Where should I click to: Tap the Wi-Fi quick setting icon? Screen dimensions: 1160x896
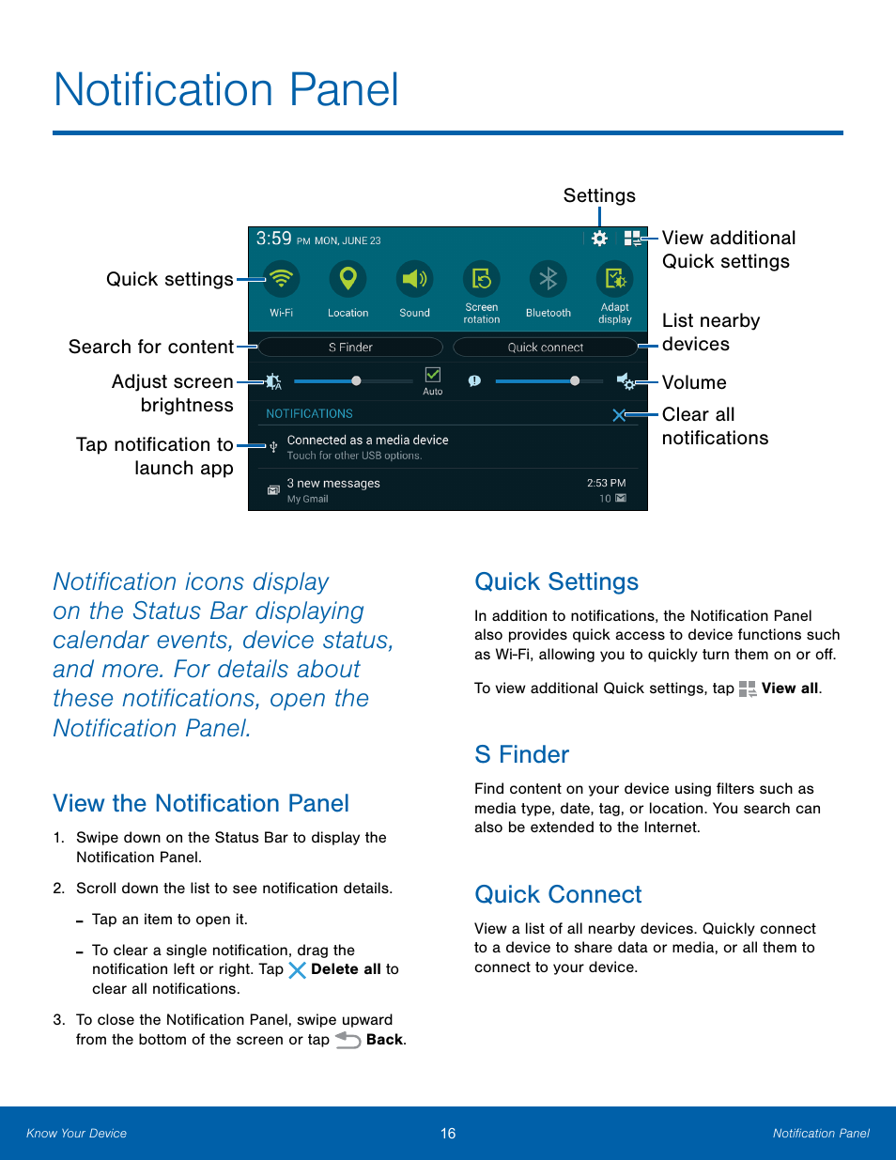click(281, 279)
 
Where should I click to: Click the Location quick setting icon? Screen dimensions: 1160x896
click(348, 279)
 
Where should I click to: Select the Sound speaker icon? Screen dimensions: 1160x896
click(414, 279)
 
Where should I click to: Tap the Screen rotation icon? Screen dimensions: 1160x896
click(481, 279)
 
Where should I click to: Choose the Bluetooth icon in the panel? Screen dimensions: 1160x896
click(548, 279)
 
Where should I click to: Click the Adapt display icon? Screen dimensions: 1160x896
click(614, 279)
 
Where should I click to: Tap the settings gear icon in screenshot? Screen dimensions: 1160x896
click(599, 239)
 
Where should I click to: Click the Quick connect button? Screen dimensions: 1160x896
click(545, 348)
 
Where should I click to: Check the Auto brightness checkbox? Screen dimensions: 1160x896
click(433, 375)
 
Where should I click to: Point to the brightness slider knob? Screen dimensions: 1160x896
click(356, 381)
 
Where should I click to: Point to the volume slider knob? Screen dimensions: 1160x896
click(574, 381)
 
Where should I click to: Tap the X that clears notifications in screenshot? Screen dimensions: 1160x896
click(619, 415)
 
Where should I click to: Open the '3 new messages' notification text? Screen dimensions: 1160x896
click(333, 483)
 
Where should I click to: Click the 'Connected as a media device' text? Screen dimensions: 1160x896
click(367, 440)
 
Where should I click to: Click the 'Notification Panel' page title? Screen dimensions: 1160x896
click(226, 90)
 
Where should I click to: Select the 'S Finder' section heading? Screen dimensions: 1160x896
click(522, 754)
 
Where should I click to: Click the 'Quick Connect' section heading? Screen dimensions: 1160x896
click(558, 894)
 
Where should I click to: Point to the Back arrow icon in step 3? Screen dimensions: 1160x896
click(348, 1040)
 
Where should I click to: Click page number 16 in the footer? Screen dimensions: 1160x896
click(448, 1134)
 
